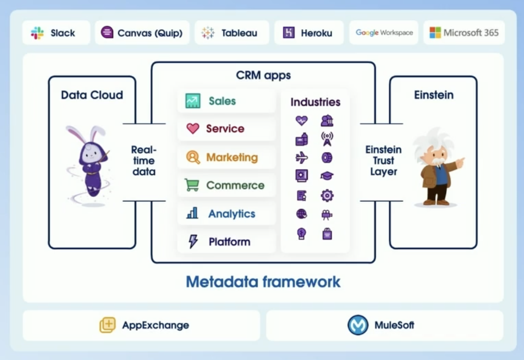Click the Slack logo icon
37,33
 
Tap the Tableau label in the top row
239,33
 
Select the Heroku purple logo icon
289,33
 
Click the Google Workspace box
384,33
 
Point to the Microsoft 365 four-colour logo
435,33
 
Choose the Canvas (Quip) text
150,33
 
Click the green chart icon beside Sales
193,101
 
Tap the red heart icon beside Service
193,129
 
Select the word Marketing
232,157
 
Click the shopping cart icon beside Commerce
192,185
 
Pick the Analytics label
231,214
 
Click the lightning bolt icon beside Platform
193,241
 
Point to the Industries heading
315,102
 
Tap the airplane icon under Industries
301,158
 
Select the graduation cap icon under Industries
327,176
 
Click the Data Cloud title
92,95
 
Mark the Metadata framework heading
263,282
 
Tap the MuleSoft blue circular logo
358,325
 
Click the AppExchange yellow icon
108,325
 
